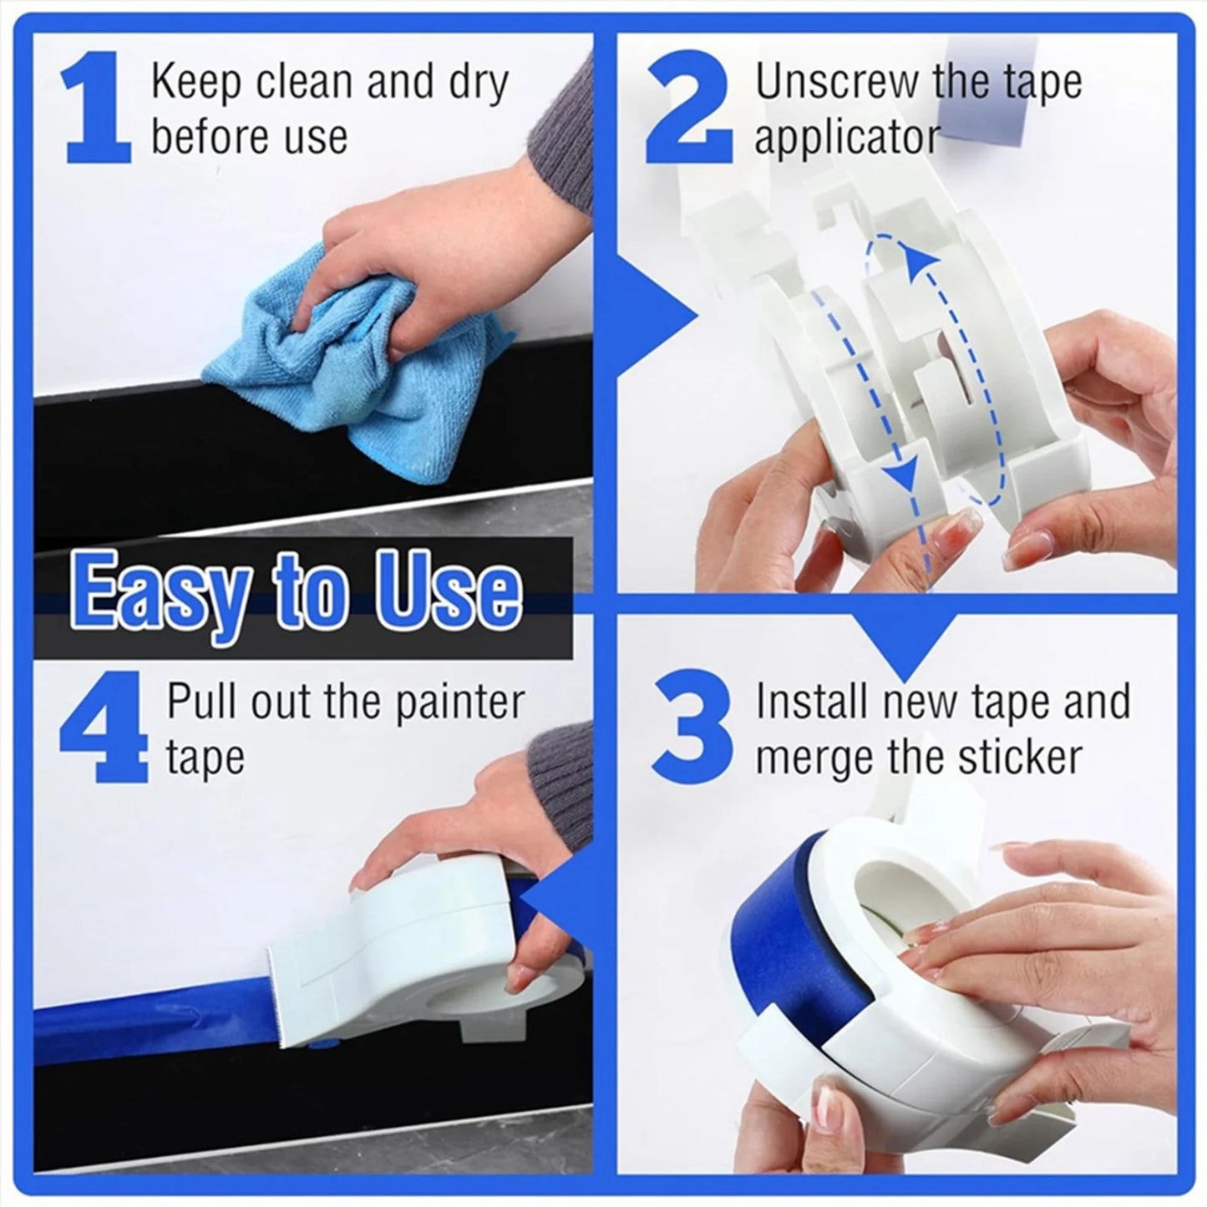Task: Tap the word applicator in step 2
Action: point(847,136)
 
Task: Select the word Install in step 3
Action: point(814,702)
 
